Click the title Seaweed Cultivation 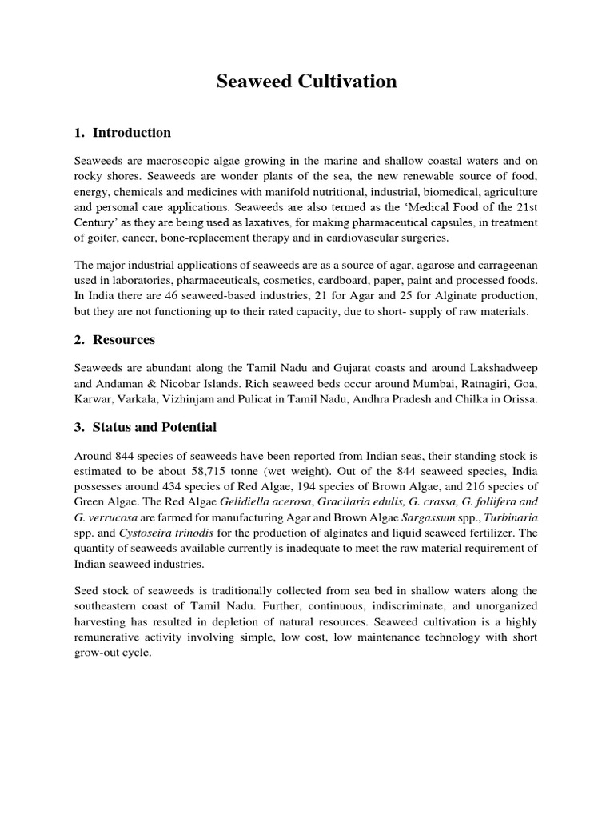tap(306, 82)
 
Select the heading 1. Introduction tap(123, 133)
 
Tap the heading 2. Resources tap(115, 340)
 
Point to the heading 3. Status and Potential tap(145, 427)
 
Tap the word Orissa tap(517, 398)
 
